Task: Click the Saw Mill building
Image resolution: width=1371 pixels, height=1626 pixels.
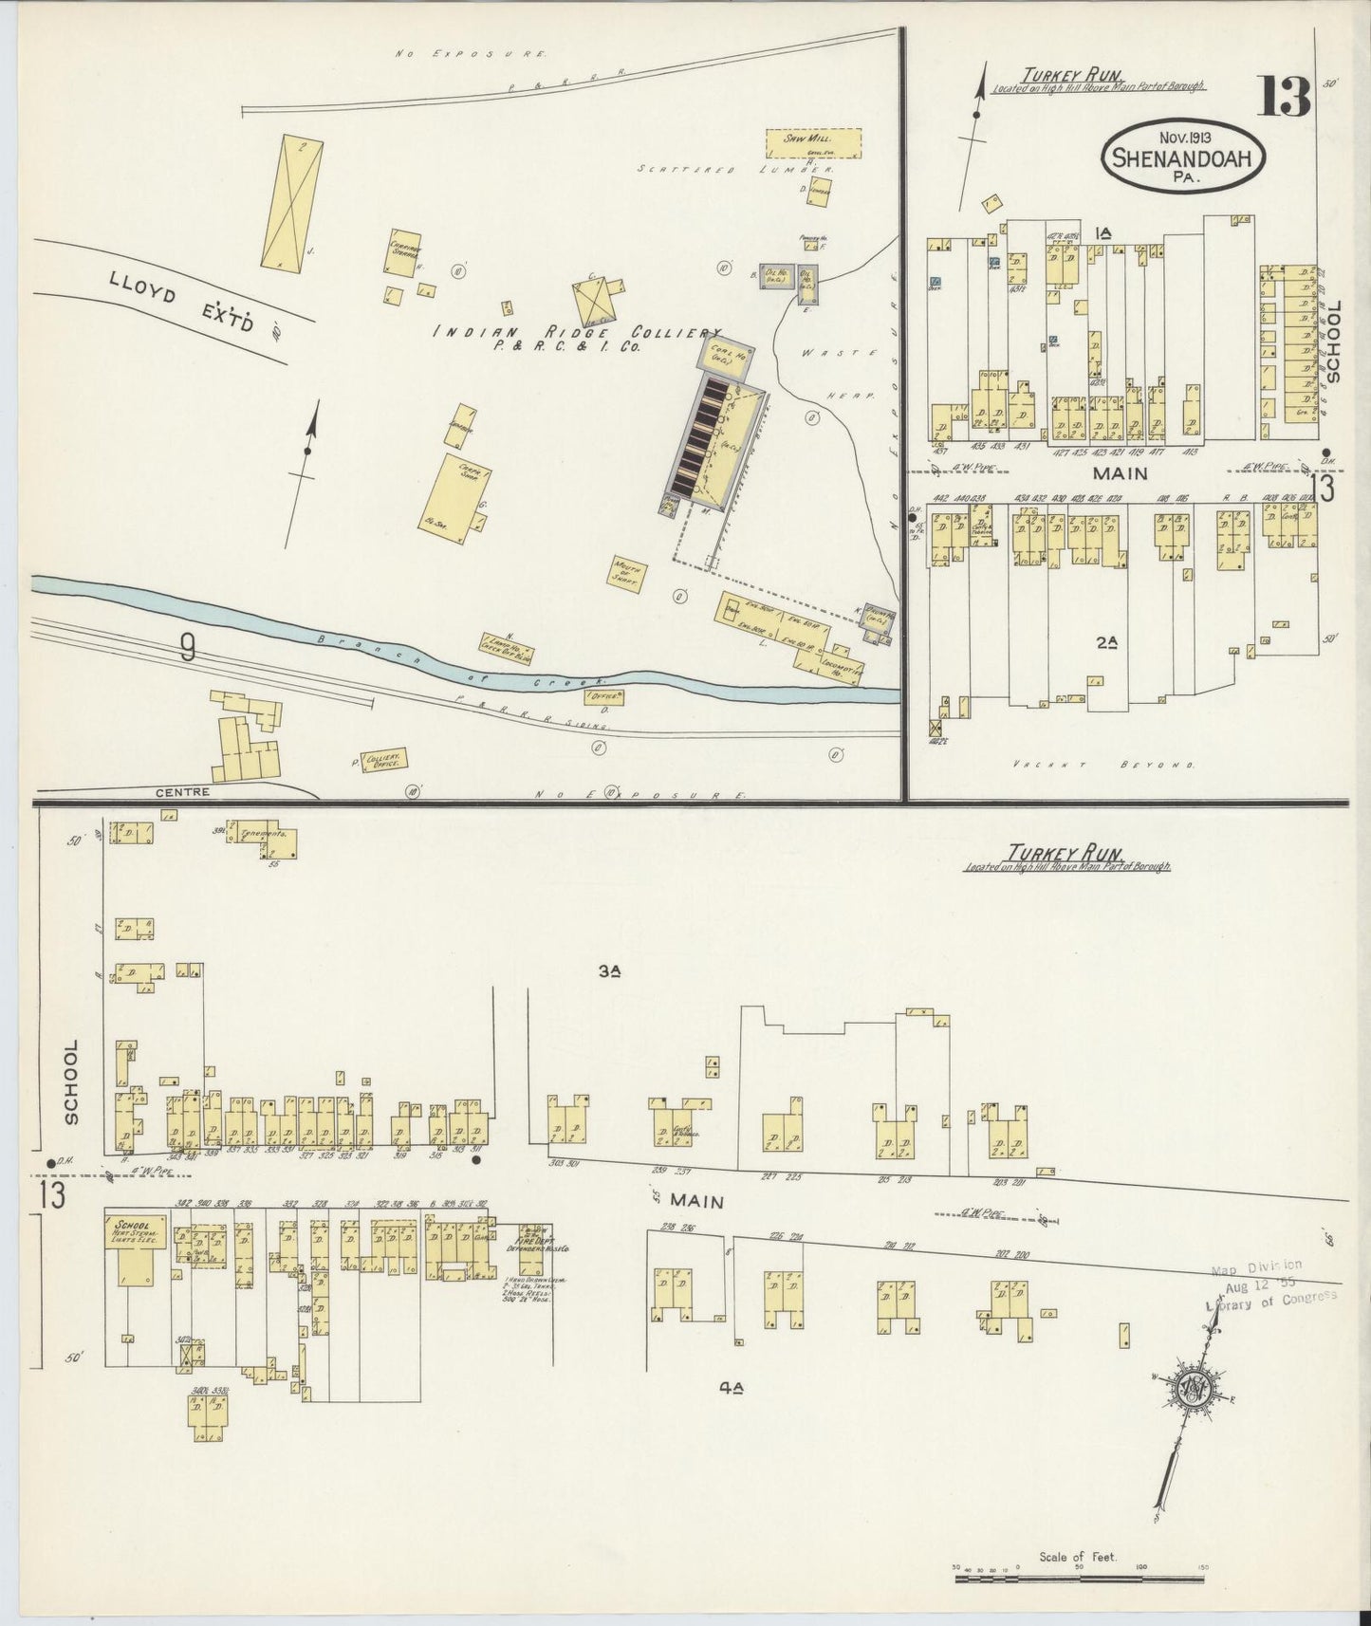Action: [813, 142]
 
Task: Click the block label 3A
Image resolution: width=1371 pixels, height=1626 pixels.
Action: [609, 971]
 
